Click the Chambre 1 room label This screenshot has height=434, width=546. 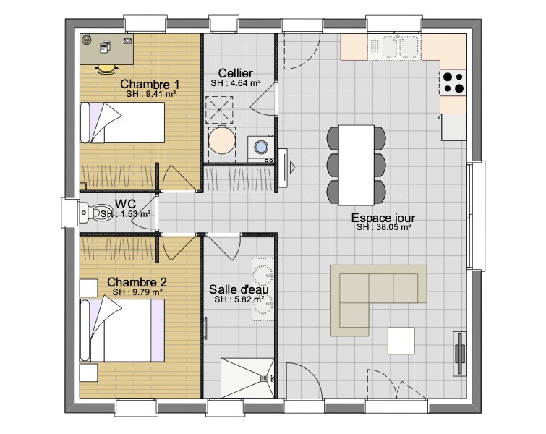tap(150, 85)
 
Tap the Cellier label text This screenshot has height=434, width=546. tap(235, 73)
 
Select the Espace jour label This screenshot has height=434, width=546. tap(383, 218)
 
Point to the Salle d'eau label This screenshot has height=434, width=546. tap(239, 289)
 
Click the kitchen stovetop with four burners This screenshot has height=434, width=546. tap(453, 82)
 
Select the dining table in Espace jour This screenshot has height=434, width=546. tap(357, 165)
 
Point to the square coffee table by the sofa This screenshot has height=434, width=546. tap(401, 341)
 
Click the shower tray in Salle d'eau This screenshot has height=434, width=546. tap(247, 378)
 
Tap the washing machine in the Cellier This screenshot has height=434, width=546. tap(260, 149)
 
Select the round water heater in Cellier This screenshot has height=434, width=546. tap(222, 140)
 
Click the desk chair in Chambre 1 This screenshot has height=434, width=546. tap(106, 69)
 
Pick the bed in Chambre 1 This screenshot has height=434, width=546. tap(122, 123)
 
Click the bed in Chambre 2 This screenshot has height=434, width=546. tap(122, 331)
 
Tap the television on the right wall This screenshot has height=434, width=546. tap(460, 354)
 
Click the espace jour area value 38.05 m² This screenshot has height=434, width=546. tap(384, 227)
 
